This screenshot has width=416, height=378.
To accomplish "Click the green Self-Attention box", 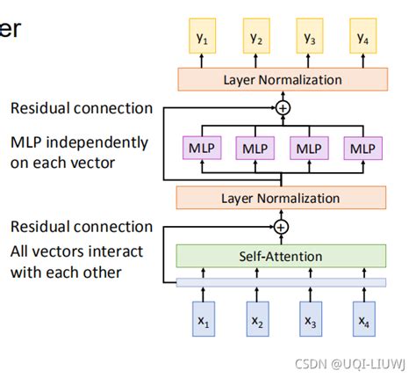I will tap(281, 256).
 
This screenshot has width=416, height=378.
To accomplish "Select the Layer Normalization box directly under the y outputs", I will tap(281, 79).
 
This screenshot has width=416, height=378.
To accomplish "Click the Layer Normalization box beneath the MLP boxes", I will tap(281, 198).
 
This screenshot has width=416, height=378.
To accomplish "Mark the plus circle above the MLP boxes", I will tap(282, 107).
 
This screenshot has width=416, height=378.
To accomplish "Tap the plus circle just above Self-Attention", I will tap(281, 227).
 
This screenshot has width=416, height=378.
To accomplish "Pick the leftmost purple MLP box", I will tap(202, 148).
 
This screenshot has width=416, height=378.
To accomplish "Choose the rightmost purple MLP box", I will tap(362, 148).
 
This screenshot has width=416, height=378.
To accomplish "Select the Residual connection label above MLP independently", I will tap(82, 108).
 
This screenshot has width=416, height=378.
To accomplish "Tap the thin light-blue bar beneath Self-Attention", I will tap(281, 282).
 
